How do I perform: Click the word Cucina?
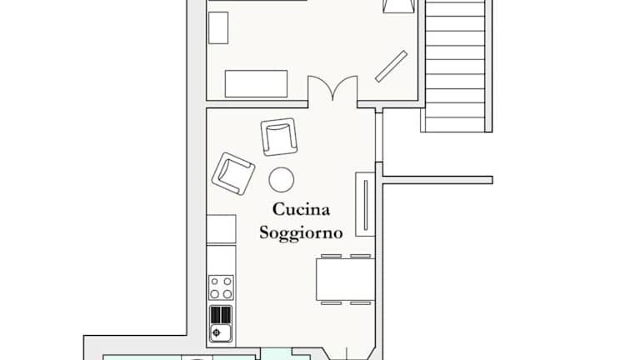pyautogui.click(x=301, y=209)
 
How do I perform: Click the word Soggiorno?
pyautogui.click(x=301, y=233)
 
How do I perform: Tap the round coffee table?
pyautogui.click(x=281, y=180)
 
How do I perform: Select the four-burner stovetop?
pyautogui.click(x=221, y=287)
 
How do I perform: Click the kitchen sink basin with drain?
pyautogui.click(x=221, y=332)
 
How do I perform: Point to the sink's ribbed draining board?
pyautogui.click(x=221, y=315)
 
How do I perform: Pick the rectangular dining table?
pyautogui.click(x=345, y=280)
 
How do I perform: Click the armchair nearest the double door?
pyautogui.click(x=279, y=137)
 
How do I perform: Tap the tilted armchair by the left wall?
pyautogui.click(x=233, y=173)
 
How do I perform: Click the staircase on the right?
pyautogui.click(x=456, y=66)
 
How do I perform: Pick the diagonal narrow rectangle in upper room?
pyautogui.click(x=391, y=67)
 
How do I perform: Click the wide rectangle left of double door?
pyautogui.click(x=257, y=83)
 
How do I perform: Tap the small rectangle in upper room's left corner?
pyautogui.click(x=218, y=27)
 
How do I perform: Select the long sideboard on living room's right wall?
pyautogui.click(x=365, y=204)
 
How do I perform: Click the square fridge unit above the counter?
pyautogui.click(x=221, y=229)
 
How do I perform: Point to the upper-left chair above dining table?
pyautogui.click(x=331, y=256)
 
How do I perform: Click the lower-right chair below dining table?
pyautogui.click(x=360, y=303)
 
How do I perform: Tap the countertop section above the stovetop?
pyautogui.click(x=221, y=260)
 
